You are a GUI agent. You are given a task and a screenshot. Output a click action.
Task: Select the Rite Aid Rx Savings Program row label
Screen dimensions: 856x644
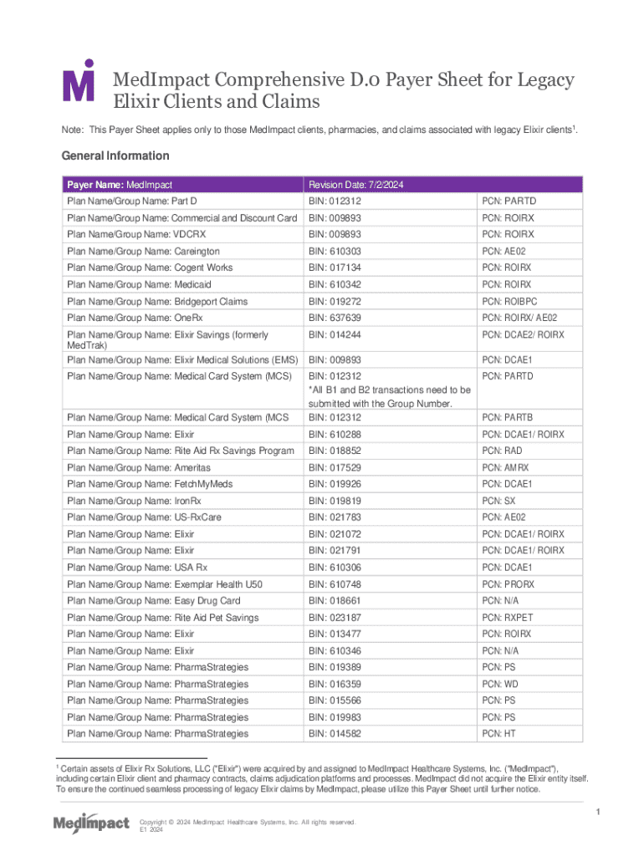click(x=180, y=451)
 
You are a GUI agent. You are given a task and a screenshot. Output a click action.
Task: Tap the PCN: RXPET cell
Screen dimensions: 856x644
click(x=505, y=618)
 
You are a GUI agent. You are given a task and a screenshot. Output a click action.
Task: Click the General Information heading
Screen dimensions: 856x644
click(x=115, y=155)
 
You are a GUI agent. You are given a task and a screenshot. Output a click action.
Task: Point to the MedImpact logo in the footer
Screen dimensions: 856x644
click(x=91, y=823)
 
